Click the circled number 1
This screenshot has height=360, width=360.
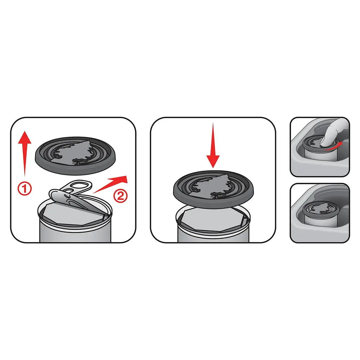[25, 188]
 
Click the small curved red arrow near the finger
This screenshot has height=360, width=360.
[333, 146]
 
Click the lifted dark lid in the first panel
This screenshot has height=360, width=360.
[75, 155]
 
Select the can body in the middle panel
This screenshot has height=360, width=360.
[213, 232]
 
